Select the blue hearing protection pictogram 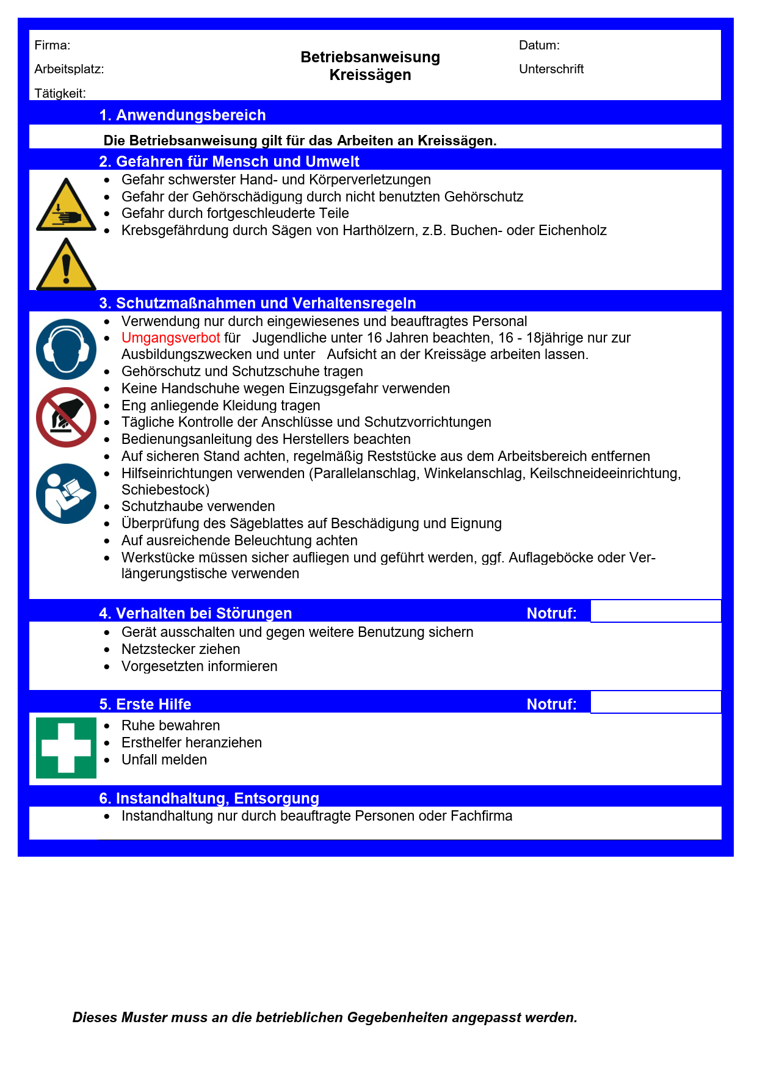pyautogui.click(x=66, y=349)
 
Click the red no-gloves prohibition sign pyautogui.click(x=66, y=417)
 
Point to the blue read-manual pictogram pyautogui.click(x=66, y=493)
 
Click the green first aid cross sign pyautogui.click(x=66, y=747)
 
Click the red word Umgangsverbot pyautogui.click(x=170, y=338)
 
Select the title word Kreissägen pyautogui.click(x=370, y=75)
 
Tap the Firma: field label pyautogui.click(x=53, y=45)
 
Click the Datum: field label pyautogui.click(x=539, y=45)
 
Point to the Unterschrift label pyautogui.click(x=551, y=69)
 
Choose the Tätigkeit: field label pyautogui.click(x=60, y=93)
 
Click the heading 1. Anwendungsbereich pyautogui.click(x=183, y=115)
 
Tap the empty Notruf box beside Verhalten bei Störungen pyautogui.click(x=655, y=611)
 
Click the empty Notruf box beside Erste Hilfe pyautogui.click(x=655, y=702)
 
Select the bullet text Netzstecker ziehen pyautogui.click(x=181, y=649)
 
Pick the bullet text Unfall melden pyautogui.click(x=164, y=760)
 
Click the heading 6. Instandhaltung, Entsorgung pyautogui.click(x=209, y=798)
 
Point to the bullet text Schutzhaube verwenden pyautogui.click(x=198, y=506)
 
